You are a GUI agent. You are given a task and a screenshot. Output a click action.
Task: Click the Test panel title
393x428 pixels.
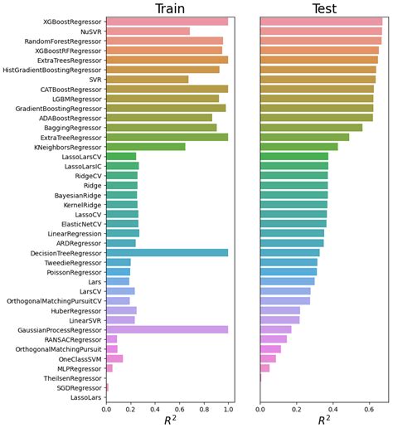(x=323, y=9)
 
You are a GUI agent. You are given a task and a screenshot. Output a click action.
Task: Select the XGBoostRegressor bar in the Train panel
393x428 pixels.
(x=167, y=22)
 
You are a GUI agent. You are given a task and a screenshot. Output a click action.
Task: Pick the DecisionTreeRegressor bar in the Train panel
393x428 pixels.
(x=167, y=252)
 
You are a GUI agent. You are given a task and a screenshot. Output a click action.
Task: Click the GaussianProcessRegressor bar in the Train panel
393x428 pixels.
(x=167, y=329)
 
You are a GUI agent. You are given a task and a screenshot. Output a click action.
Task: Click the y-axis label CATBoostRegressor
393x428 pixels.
(x=70, y=89)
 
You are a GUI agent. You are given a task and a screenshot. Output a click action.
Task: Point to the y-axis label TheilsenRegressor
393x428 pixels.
(x=72, y=377)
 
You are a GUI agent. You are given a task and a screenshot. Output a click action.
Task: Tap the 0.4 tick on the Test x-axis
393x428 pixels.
(x=333, y=409)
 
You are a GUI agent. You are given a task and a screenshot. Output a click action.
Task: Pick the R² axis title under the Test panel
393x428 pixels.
(x=323, y=420)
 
